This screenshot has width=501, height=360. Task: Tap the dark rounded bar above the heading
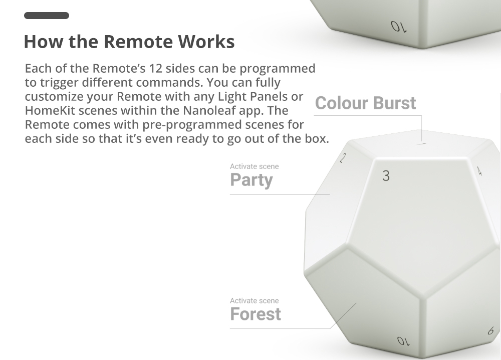pyautogui.click(x=47, y=16)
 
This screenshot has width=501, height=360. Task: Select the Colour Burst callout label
pyautogui.click(x=365, y=103)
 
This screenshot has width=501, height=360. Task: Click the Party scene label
pyautogui.click(x=252, y=180)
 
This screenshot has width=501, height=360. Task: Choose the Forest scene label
pyautogui.click(x=256, y=314)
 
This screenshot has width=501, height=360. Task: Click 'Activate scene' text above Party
pyautogui.click(x=255, y=166)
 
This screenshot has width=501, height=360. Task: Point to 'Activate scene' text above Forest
pyautogui.click(x=255, y=301)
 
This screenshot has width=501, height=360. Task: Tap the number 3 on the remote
pyautogui.click(x=386, y=175)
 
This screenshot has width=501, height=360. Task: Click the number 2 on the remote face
pyautogui.click(x=343, y=158)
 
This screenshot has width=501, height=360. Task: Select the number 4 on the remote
pyautogui.click(x=479, y=171)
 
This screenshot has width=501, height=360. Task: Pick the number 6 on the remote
pyautogui.click(x=490, y=331)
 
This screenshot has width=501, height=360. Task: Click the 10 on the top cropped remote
pyautogui.click(x=398, y=26)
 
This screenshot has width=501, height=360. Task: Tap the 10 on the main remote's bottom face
pyautogui.click(x=403, y=341)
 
